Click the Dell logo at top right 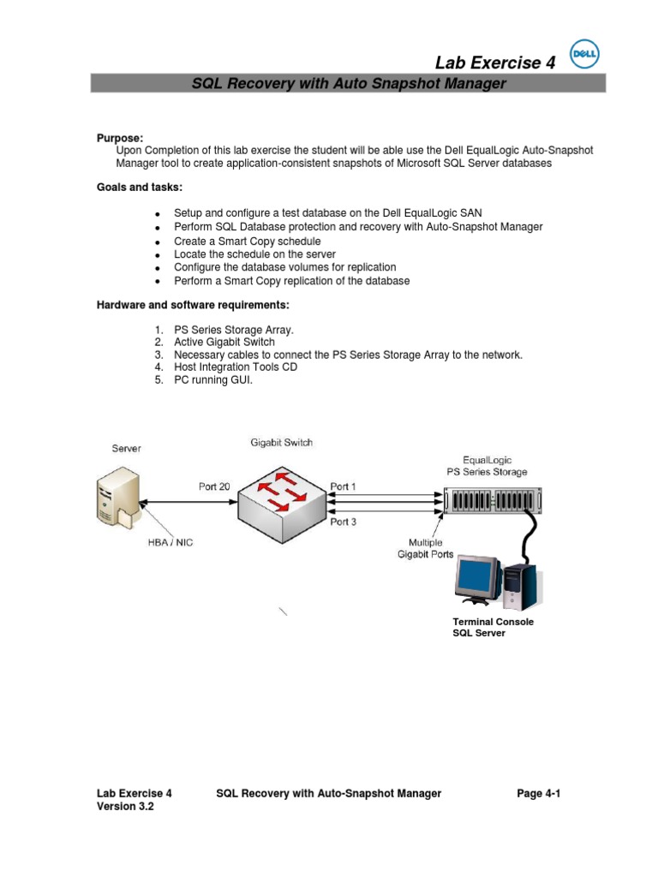click(586, 54)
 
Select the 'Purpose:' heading click(120, 138)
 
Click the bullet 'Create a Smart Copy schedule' click(247, 242)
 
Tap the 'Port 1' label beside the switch click(344, 486)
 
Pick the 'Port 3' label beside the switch click(344, 521)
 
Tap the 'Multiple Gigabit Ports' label click(425, 549)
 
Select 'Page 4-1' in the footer click(538, 794)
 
